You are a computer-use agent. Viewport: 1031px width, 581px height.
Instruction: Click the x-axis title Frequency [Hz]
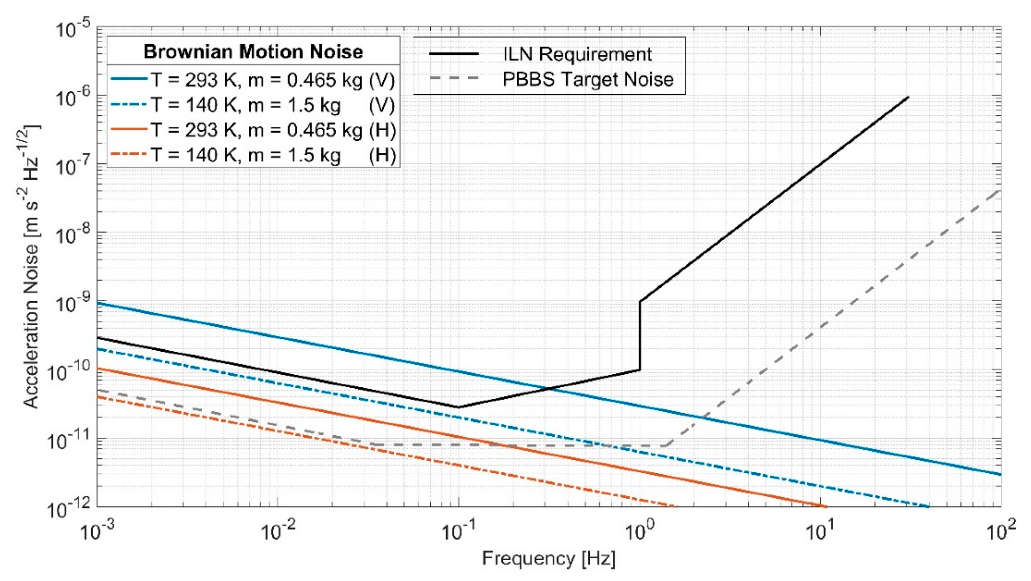tap(548, 559)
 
